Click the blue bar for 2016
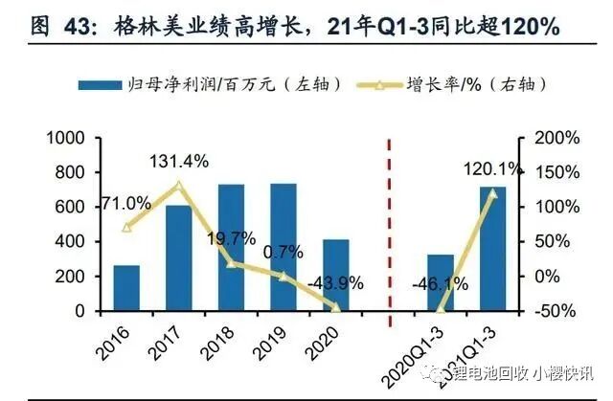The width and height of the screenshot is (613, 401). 125,288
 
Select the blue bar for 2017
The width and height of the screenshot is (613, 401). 178,258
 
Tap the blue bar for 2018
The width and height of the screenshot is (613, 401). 231,248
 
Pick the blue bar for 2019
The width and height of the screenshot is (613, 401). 283,247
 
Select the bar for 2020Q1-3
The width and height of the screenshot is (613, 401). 441,283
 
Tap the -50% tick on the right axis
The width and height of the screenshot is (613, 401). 552,311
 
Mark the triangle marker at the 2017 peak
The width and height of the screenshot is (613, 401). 178,185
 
